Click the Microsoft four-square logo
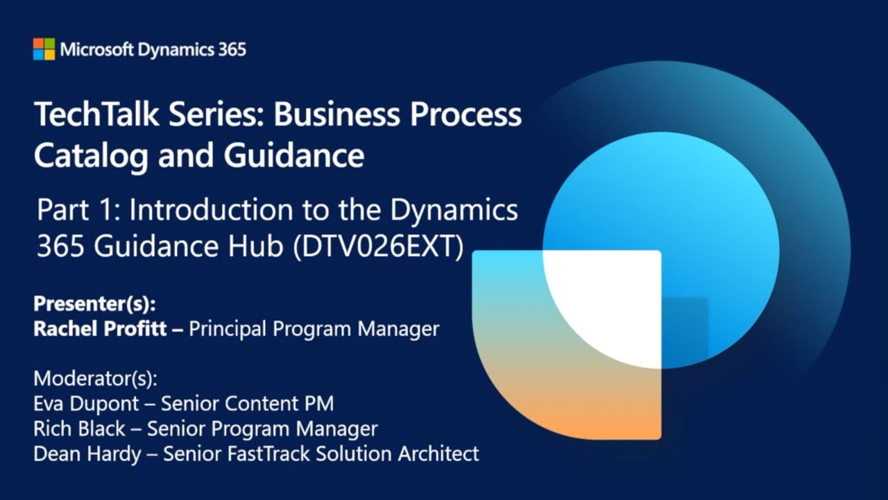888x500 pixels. click(44, 49)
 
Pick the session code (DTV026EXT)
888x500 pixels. click(379, 247)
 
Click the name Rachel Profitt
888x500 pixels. click(100, 328)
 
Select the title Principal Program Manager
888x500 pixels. click(314, 328)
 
